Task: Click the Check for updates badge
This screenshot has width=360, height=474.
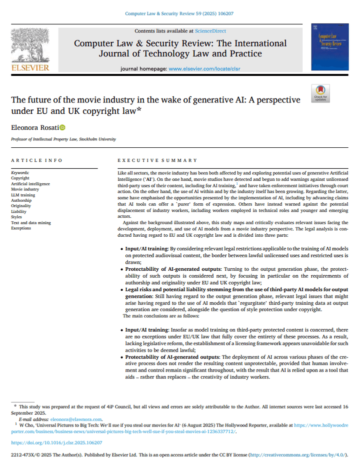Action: (x=320, y=93)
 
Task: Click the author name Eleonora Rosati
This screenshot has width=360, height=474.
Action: (x=34, y=128)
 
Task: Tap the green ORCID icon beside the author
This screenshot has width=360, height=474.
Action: (x=62, y=128)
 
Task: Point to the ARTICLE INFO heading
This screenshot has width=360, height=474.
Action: (x=37, y=160)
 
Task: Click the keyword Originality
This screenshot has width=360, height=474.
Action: (x=21, y=206)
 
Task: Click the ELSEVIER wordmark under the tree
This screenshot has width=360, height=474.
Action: (x=29, y=67)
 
